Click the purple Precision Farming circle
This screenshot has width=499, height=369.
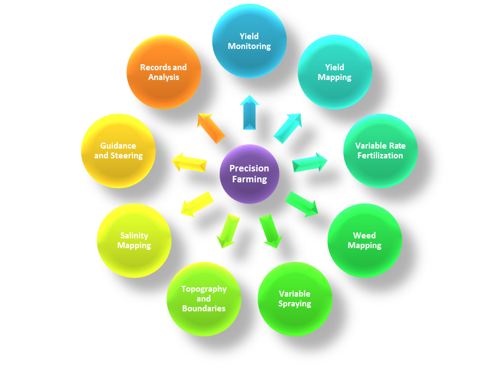tap(249, 174)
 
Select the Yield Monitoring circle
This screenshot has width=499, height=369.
tap(249, 41)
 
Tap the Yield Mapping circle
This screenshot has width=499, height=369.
tap(334, 72)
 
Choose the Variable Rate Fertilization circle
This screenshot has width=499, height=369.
tap(380, 151)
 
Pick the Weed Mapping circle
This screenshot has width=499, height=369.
tap(364, 240)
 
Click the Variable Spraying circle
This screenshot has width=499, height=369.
tap(295, 299)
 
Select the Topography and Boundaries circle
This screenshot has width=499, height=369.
tap(204, 299)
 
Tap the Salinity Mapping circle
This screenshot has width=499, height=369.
tap(134, 240)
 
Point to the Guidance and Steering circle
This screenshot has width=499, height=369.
tap(118, 151)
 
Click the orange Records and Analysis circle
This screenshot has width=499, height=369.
tap(163, 72)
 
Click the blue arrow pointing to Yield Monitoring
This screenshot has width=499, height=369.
tap(249, 113)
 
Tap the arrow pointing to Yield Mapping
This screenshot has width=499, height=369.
tap(288, 128)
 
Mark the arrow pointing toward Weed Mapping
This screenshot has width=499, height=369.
tap(302, 204)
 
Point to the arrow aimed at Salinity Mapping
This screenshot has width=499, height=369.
tap(197, 204)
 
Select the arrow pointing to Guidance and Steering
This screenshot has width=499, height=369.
tap(189, 163)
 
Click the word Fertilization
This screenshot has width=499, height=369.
tap(380, 156)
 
